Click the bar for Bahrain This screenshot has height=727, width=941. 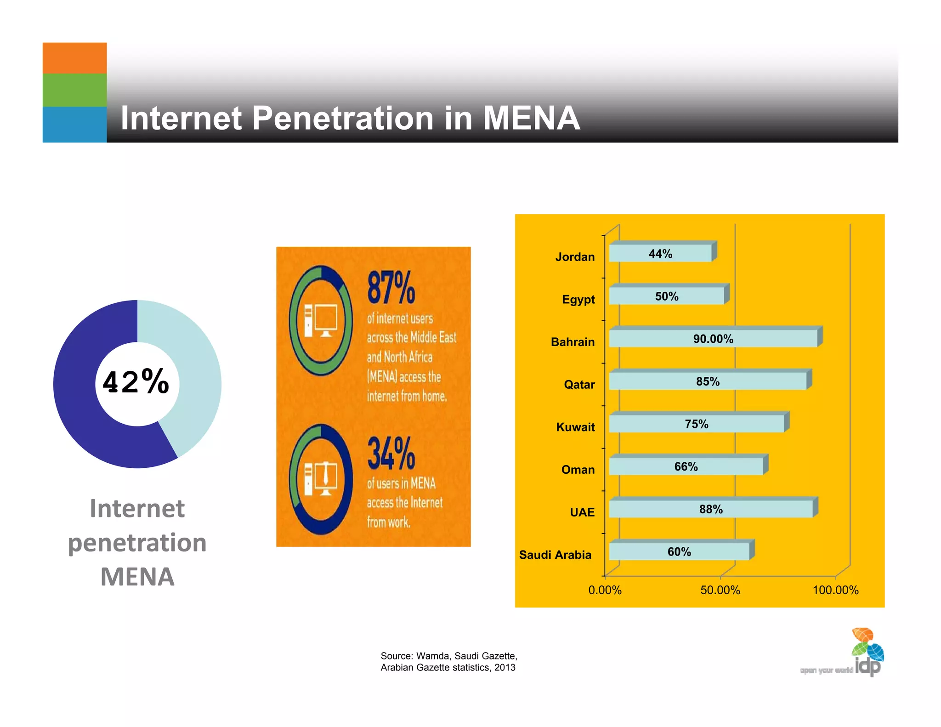pos(713,338)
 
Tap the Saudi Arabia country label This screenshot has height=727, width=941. pos(555,555)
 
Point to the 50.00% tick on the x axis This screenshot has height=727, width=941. pos(720,590)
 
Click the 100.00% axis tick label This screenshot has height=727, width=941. pos(835,590)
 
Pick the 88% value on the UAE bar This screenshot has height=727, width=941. pos(711,509)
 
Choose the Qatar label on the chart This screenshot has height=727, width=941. pos(579,385)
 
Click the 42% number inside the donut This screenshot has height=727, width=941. pos(136,382)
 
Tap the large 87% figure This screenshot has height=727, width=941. pos(391,288)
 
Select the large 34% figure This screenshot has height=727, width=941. pos(391,454)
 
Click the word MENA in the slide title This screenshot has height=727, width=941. pos(531,118)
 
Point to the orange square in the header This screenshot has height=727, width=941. pos(74,58)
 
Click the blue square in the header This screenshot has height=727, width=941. pos(74,125)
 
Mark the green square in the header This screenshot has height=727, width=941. pos(74,90)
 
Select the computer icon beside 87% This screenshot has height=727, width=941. pos(321,320)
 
